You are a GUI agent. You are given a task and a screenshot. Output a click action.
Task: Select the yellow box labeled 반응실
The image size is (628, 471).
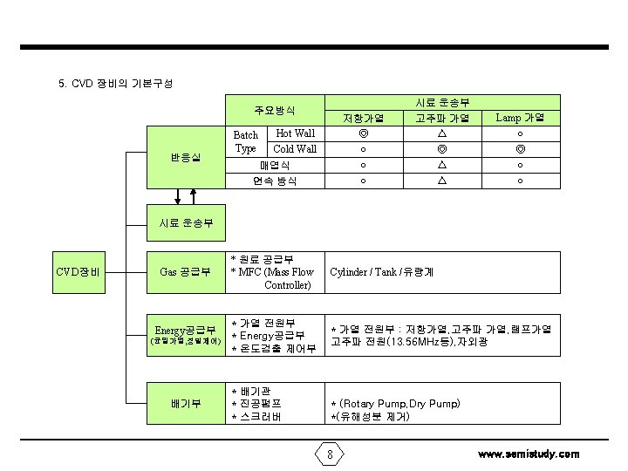click(185, 157)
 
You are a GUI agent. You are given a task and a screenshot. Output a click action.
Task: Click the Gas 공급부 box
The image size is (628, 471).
click(185, 272)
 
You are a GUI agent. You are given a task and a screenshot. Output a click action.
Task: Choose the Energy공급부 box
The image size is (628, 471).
click(185, 335)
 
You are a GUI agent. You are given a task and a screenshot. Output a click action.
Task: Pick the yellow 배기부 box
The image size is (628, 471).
click(185, 403)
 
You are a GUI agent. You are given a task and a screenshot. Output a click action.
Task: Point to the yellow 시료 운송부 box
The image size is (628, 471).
click(185, 223)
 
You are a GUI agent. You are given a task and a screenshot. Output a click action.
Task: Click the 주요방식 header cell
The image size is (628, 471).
click(275, 111)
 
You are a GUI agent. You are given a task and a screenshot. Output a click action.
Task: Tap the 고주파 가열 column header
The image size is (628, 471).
click(442, 118)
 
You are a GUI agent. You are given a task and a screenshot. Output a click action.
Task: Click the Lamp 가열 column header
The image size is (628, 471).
click(520, 118)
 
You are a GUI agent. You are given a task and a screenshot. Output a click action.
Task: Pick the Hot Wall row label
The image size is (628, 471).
click(295, 133)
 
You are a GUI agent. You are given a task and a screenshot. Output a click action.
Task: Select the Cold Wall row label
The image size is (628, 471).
click(295, 149)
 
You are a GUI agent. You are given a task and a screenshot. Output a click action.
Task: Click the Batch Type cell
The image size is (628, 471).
click(246, 141)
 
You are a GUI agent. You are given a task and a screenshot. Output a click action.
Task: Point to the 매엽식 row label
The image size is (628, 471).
click(275, 165)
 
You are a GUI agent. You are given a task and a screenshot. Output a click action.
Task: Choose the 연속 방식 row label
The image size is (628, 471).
click(275, 181)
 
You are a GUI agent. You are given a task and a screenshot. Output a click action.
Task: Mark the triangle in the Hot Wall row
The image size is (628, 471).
click(442, 134)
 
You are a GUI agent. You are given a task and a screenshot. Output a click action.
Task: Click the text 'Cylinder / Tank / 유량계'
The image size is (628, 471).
click(382, 272)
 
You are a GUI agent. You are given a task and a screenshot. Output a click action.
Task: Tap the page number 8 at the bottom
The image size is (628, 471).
click(330, 454)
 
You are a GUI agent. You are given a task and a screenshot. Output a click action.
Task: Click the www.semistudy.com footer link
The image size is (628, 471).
click(529, 454)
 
